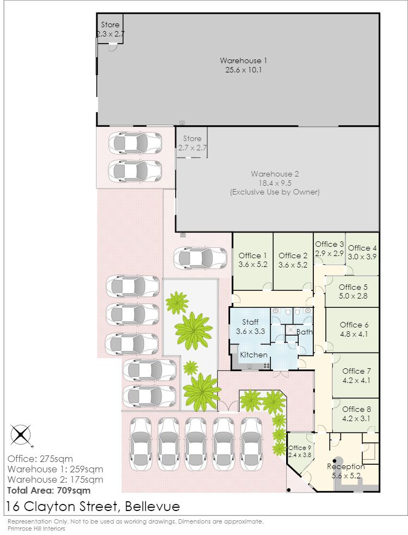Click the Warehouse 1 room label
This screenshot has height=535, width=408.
click(x=243, y=60)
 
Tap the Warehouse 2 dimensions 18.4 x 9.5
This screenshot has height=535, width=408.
click(x=275, y=183)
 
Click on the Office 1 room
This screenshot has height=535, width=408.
click(x=253, y=260)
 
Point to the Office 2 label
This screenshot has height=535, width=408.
click(x=293, y=256)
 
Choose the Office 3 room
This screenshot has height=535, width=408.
click(x=330, y=249)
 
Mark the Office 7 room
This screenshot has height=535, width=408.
click(x=356, y=376)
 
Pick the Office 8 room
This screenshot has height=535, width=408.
click(x=356, y=414)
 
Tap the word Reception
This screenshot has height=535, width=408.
click(x=345, y=467)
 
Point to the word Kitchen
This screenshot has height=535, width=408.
click(x=254, y=355)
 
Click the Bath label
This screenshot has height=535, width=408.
click(x=305, y=331)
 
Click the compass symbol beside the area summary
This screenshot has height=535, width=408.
click(x=20, y=435)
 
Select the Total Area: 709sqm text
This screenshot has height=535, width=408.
click(x=48, y=490)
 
